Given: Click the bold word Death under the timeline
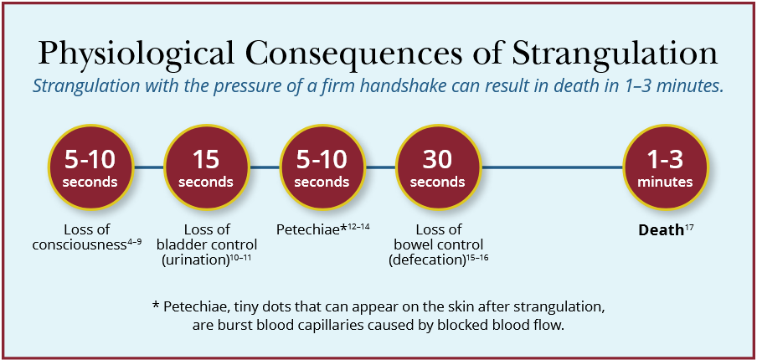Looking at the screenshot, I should click(661, 229).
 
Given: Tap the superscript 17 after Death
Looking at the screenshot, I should click(689, 226).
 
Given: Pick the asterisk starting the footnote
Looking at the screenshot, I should click(156, 305).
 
